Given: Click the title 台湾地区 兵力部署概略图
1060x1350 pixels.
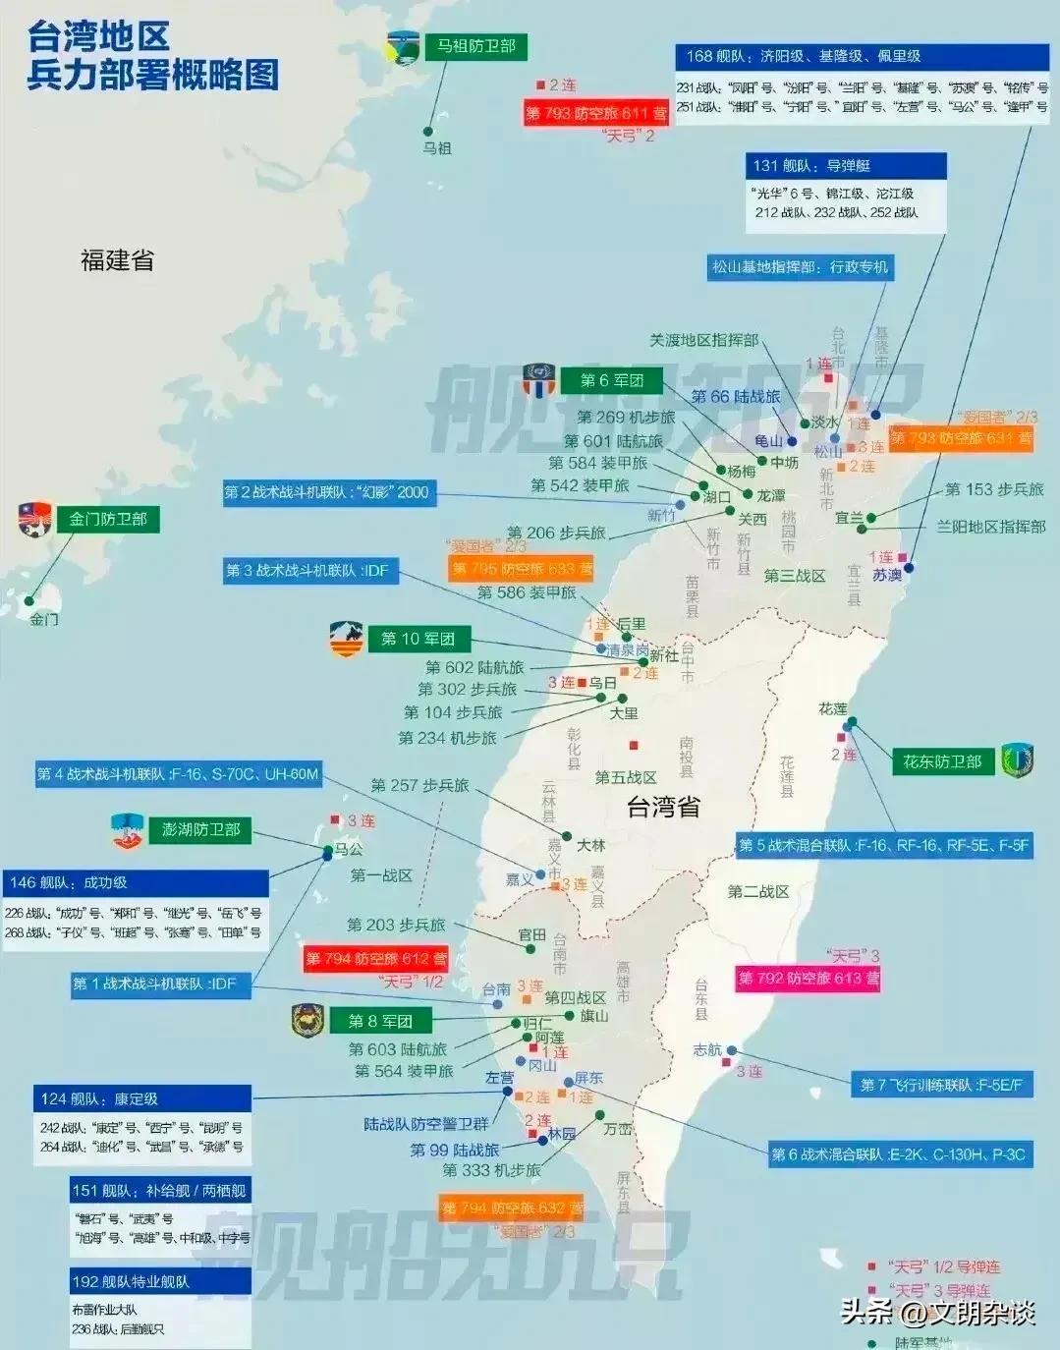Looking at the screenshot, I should [x=152, y=56].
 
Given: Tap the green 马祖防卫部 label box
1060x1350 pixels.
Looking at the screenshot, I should [x=475, y=46].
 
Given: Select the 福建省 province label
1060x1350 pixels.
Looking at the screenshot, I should [x=117, y=260].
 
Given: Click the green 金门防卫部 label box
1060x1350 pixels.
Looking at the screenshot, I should [x=107, y=519].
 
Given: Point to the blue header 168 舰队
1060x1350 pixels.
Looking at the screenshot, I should [x=861, y=57].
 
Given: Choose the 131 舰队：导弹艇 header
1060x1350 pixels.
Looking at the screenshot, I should [x=846, y=166].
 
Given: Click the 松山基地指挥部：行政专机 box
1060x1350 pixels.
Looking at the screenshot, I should [x=800, y=267].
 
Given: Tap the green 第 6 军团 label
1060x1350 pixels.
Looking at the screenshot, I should [x=611, y=380].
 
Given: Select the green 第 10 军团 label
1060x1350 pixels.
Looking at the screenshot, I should [x=418, y=639].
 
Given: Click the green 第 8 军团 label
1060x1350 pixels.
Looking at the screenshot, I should [x=380, y=1021].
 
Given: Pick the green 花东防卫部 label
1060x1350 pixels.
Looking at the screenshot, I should [x=942, y=761].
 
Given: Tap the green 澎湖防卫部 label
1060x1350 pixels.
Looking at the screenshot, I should [x=200, y=829].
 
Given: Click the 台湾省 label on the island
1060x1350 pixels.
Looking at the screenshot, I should [x=664, y=808].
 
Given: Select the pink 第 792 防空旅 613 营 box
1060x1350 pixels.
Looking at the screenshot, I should [x=809, y=979].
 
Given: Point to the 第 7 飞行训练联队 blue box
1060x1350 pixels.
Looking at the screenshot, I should [x=941, y=1085].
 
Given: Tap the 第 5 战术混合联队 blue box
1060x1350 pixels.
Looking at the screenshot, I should [x=883, y=845].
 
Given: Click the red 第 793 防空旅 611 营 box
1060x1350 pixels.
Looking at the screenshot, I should [x=595, y=113].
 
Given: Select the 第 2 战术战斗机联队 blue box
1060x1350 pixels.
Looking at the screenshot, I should [x=326, y=492].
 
